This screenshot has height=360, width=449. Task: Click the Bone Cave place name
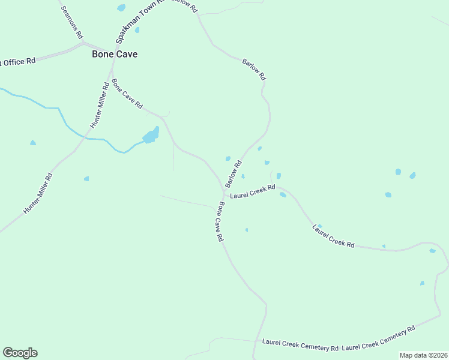[x=114, y=54]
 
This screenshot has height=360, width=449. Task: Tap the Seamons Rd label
[x=71, y=22]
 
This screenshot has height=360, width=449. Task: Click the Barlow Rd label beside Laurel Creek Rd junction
[x=234, y=173]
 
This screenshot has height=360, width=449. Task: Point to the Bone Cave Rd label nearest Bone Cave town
[x=127, y=94]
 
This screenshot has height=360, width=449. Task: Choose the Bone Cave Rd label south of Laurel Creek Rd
[x=220, y=221]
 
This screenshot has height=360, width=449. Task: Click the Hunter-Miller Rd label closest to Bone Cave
[x=100, y=104]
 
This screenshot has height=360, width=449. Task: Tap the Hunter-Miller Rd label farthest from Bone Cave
[x=38, y=194]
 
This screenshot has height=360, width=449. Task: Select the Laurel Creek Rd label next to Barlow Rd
[x=252, y=192]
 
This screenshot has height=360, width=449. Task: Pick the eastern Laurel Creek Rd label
[x=333, y=236]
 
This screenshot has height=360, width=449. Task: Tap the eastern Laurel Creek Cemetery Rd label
[x=379, y=338]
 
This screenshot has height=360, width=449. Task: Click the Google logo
[x=20, y=353]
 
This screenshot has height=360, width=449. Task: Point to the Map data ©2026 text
[x=423, y=355]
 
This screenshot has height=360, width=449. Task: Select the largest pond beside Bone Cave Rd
[x=151, y=136]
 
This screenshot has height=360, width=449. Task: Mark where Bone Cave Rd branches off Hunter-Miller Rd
[x=110, y=71]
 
